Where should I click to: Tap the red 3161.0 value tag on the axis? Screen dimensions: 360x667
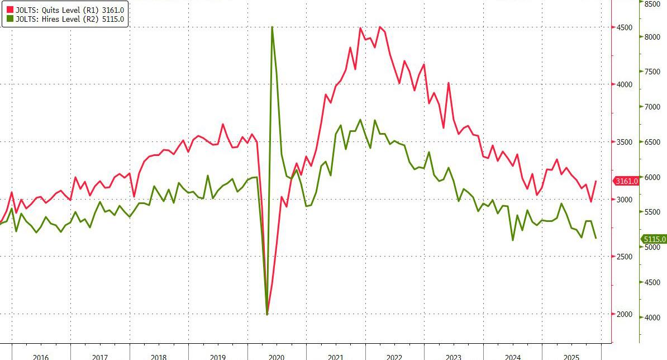pyautogui.click(x=625, y=181)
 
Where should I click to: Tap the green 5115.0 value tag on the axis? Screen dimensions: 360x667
pyautogui.click(x=653, y=239)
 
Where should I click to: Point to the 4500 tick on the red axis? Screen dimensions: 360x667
pyautogui.click(x=625, y=27)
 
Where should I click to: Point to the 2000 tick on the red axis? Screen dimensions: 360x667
pyautogui.click(x=625, y=315)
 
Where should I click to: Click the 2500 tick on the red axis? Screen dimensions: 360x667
pyautogui.click(x=625, y=257)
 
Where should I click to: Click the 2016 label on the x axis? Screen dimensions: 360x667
pyautogui.click(x=41, y=357)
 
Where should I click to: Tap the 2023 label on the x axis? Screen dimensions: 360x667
pyautogui.click(x=454, y=357)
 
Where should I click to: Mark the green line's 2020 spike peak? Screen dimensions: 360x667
pyautogui.click(x=271, y=27)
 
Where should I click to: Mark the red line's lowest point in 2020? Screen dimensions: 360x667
pyautogui.click(x=267, y=314)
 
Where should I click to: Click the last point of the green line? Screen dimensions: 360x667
pyautogui.click(x=595, y=238)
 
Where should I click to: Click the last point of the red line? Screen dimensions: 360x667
pyautogui.click(x=595, y=181)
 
